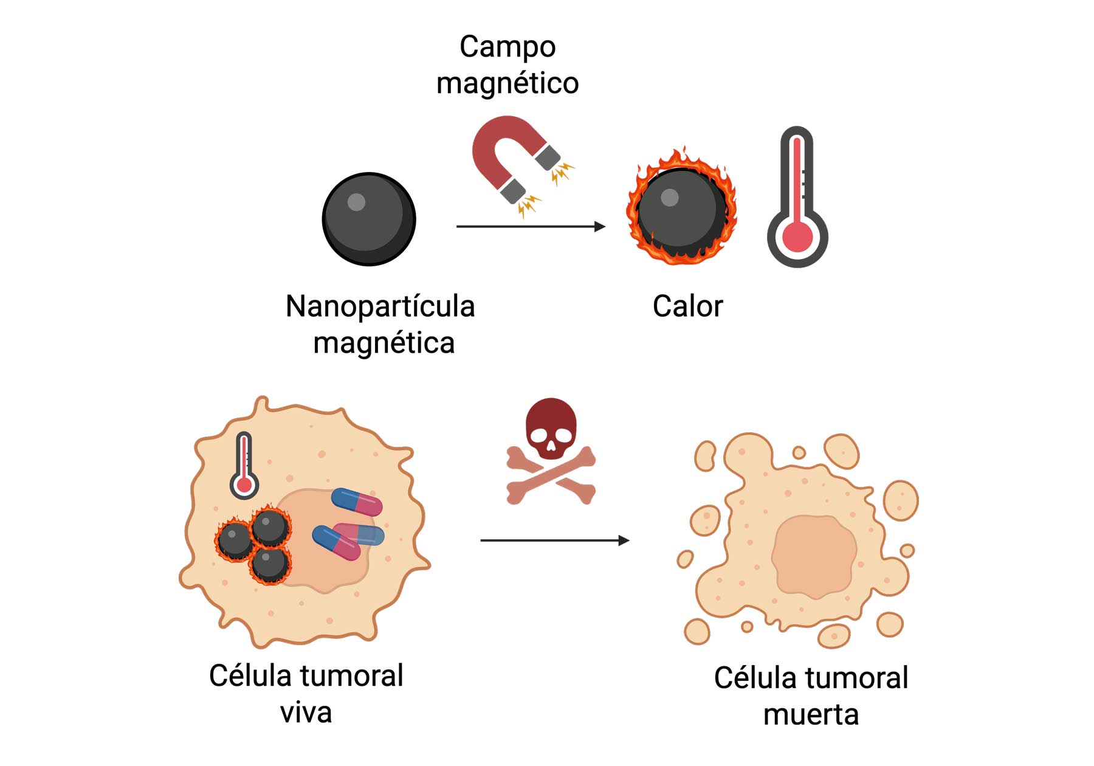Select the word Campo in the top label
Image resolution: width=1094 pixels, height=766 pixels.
pyautogui.click(x=507, y=47)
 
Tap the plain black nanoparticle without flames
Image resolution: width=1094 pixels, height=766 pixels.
pyautogui.click(x=369, y=219)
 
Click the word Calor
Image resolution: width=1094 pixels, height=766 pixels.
pyautogui.click(x=687, y=306)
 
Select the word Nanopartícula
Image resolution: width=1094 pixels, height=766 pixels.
pyautogui.click(x=380, y=306)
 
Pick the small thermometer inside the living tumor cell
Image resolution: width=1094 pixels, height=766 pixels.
pyautogui.click(x=244, y=466)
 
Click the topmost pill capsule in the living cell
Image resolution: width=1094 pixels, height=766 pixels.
pyautogui.click(x=357, y=502)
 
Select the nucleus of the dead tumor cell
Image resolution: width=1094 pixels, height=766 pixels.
pyautogui.click(x=813, y=554)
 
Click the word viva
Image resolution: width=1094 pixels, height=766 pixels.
pyautogui.click(x=306, y=713)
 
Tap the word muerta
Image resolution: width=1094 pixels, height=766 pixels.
pyautogui.click(x=811, y=715)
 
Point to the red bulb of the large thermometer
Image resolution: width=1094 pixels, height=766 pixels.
pyautogui.click(x=797, y=237)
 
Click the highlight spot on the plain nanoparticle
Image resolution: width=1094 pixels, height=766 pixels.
pyautogui.click(x=356, y=202)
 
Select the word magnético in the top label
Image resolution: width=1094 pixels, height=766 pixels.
pyautogui.click(x=507, y=83)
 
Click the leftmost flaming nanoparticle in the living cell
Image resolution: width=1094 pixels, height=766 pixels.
pyautogui.click(x=235, y=539)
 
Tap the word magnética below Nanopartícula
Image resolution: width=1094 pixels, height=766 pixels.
pyautogui.click(x=384, y=343)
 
